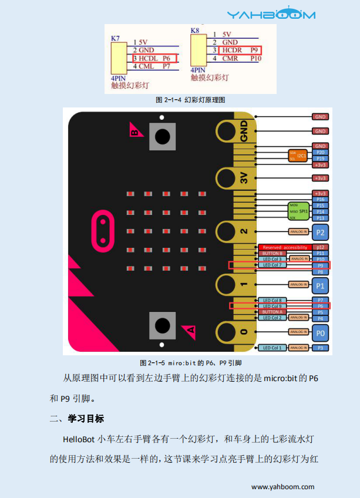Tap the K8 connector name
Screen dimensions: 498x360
point(196,29)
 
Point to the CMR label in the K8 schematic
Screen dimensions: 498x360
point(230,59)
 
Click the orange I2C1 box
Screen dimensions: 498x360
point(298,156)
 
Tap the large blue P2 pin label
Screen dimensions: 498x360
point(320,232)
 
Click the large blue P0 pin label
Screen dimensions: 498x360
point(320,333)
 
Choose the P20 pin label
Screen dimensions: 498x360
point(320,152)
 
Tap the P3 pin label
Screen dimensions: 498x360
point(320,348)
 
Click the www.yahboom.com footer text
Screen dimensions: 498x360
point(282,487)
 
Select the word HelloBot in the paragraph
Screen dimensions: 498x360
point(80,439)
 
